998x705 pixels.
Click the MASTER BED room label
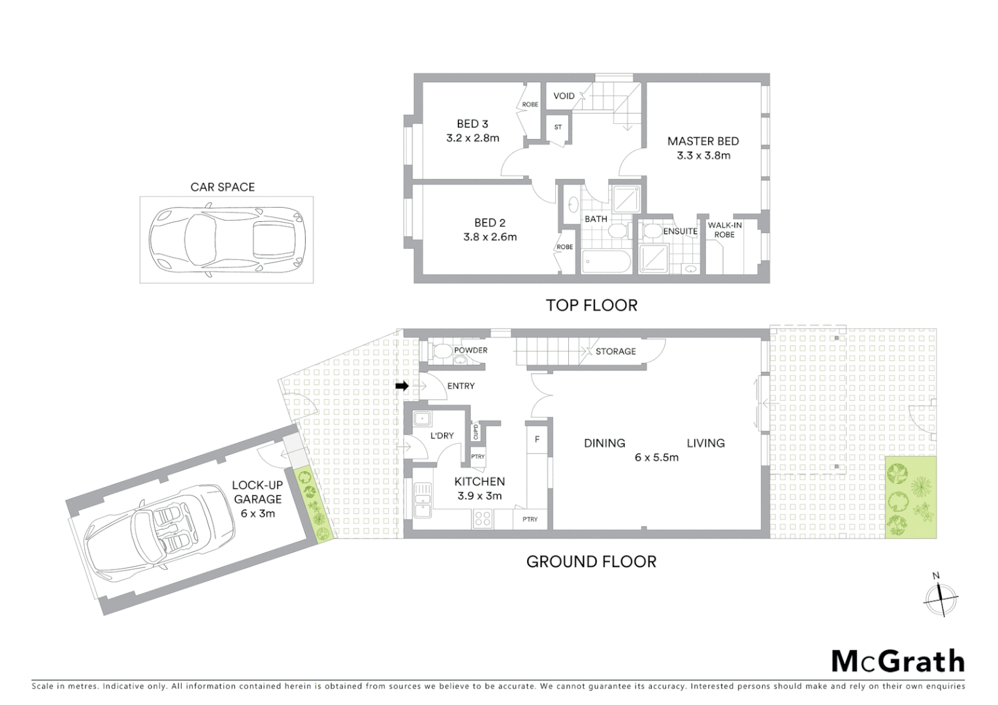tap(703, 141)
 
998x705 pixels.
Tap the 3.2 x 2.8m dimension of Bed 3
tap(472, 138)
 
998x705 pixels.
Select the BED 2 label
tap(490, 223)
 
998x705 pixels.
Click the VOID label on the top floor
tap(564, 96)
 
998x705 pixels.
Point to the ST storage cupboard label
tap(558, 127)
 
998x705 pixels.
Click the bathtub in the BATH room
tap(605, 262)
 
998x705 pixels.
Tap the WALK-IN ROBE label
tap(724, 230)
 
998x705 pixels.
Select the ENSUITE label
tap(680, 231)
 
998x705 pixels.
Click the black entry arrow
tap(402, 386)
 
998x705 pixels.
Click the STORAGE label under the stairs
tap(615, 351)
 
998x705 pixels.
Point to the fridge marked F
tap(537, 439)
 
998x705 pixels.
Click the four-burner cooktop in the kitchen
tap(483, 519)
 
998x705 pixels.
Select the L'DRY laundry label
tap(442, 435)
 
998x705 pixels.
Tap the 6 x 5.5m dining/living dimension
tap(656, 458)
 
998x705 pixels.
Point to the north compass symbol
tap(940, 595)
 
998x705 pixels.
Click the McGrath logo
tap(897, 661)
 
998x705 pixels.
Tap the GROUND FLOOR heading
tap(591, 561)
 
